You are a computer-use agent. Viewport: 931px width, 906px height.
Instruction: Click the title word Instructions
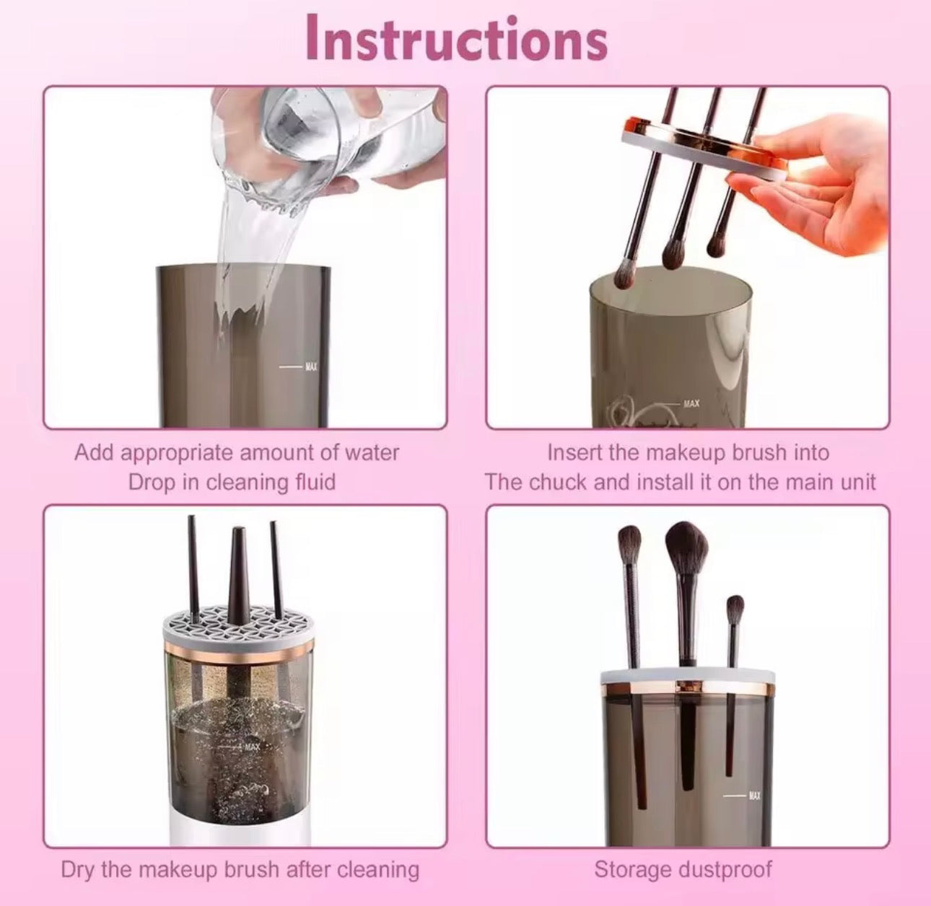(456, 40)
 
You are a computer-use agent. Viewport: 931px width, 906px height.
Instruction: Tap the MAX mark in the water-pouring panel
(311, 367)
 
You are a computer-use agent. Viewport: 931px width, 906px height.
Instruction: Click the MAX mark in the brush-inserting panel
(691, 403)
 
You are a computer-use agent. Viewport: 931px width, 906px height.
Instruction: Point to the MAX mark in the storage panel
(754, 795)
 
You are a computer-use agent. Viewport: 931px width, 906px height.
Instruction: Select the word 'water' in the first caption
(371, 453)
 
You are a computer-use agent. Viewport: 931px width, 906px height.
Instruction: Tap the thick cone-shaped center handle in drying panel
(238, 570)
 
